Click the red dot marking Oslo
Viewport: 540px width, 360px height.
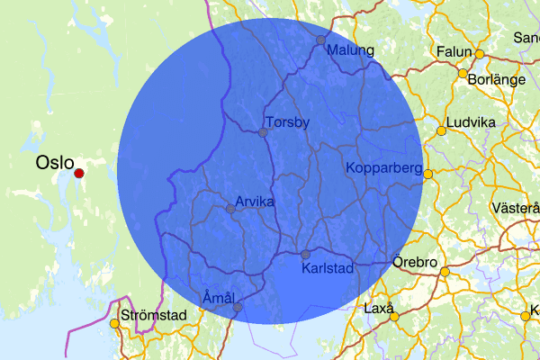coord(78,174)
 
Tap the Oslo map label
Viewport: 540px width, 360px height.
coord(55,162)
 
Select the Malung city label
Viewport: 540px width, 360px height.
coord(350,50)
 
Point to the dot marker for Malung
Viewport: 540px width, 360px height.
coord(320,40)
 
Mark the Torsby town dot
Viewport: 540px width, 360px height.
coord(263,132)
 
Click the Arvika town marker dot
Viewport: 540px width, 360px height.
coord(230,209)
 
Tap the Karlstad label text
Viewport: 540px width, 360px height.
coord(328,268)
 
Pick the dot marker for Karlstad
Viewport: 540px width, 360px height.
coord(305,254)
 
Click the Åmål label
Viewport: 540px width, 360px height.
coord(219,297)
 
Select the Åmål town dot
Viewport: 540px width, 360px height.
coord(238,307)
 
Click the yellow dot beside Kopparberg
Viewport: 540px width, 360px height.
coord(428,174)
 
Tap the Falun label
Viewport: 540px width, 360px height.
coord(454,52)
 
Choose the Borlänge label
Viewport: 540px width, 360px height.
coord(497,79)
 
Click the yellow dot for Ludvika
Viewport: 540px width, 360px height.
coord(441,131)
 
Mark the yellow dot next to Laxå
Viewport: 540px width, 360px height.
coord(394,317)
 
